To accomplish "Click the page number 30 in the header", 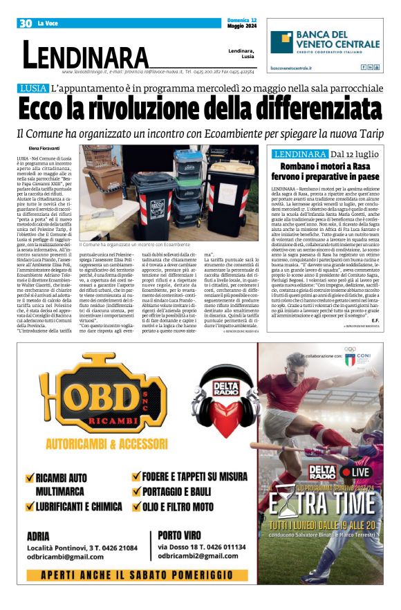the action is (x=26, y=24).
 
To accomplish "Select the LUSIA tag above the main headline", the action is (x=33, y=89).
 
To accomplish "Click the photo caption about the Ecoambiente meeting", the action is (x=134, y=245).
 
